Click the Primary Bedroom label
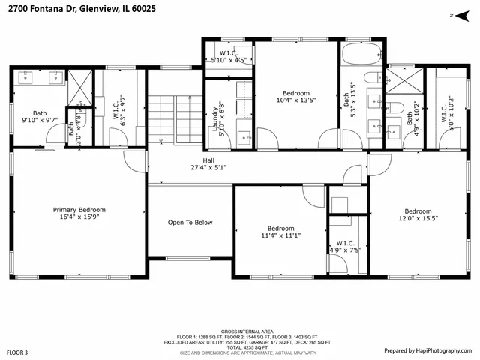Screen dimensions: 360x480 pyautogui.click(x=79, y=214)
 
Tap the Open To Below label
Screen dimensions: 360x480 pyautogui.click(x=190, y=223)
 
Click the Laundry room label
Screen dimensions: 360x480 pyautogui.click(x=217, y=118)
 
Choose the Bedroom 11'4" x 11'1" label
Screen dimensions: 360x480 pyautogui.click(x=281, y=232)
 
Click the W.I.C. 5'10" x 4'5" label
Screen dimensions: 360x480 pyautogui.click(x=229, y=55)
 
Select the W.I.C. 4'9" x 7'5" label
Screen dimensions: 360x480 pyautogui.click(x=346, y=247)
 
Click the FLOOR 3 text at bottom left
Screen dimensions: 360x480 pyautogui.click(x=17, y=352)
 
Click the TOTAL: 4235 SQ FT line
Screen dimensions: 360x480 pyautogui.click(x=247, y=347)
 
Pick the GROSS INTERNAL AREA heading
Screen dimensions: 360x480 pyautogui.click(x=247, y=331)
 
